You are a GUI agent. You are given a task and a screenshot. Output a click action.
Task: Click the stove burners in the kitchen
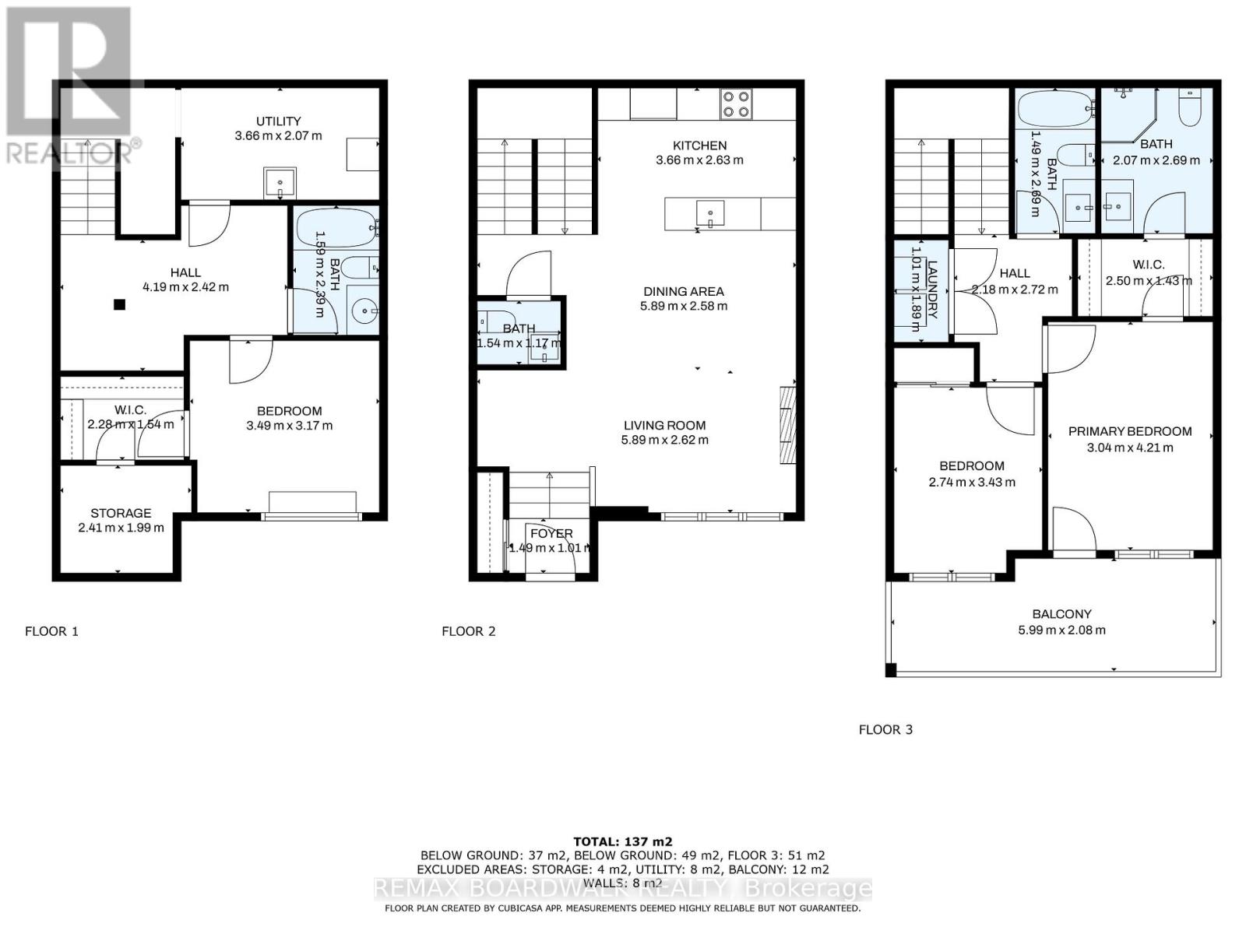click(x=736, y=104)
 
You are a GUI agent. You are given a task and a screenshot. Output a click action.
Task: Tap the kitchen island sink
click(x=710, y=214)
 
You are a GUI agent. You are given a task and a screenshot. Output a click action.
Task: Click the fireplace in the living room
click(x=788, y=425)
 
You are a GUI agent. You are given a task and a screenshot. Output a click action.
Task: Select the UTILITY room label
click(x=279, y=121)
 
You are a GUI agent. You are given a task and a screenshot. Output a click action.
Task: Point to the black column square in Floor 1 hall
click(x=119, y=305)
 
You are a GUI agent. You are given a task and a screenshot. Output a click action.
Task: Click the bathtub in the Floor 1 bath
click(x=336, y=228)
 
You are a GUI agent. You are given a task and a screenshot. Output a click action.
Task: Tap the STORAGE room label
click(x=121, y=513)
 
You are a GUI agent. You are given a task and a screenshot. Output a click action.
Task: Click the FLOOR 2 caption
click(x=468, y=631)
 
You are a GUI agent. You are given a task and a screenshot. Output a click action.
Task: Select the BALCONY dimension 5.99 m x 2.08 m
click(x=1061, y=630)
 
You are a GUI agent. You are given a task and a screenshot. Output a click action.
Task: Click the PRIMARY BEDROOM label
click(x=1129, y=431)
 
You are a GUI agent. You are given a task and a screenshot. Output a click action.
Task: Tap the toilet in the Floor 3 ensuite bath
click(x=1191, y=108)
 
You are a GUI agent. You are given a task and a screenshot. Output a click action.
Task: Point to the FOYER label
click(x=551, y=533)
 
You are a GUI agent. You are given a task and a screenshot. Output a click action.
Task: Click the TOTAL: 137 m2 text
click(x=622, y=841)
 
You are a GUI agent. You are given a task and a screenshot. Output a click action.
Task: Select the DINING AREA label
click(x=683, y=291)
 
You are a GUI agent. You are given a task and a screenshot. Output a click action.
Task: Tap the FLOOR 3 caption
click(x=885, y=729)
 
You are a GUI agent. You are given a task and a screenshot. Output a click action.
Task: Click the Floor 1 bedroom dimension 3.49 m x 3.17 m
click(x=289, y=426)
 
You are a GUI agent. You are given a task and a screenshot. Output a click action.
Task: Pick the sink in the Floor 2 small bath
click(x=543, y=352)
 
